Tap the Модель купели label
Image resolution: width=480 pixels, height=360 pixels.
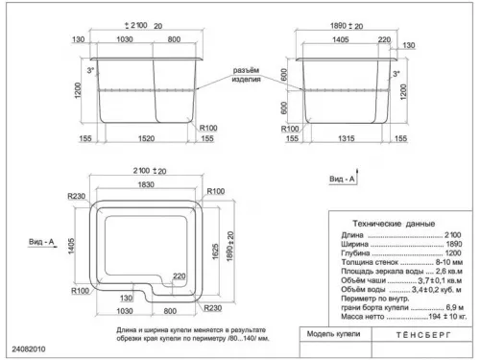[333, 335]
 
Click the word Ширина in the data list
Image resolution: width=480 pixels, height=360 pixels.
[354, 244]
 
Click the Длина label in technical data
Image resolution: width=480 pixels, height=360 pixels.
[351, 234]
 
